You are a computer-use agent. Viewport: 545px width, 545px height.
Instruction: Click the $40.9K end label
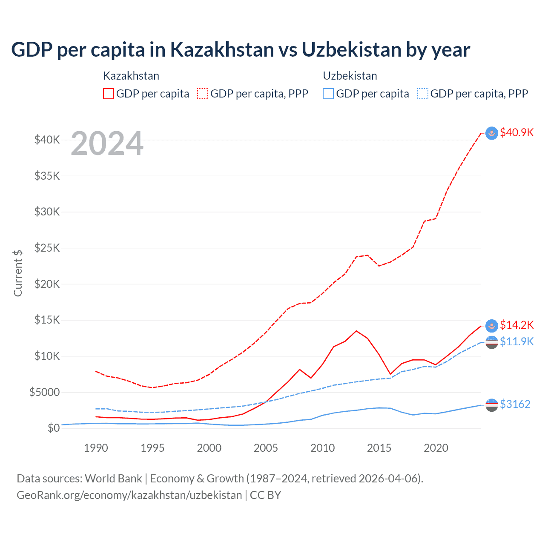(x=516, y=132)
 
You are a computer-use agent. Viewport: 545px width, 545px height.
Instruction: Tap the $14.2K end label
(x=516, y=325)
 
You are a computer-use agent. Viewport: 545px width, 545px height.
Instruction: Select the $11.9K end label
(x=516, y=341)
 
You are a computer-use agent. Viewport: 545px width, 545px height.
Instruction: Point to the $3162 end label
(x=515, y=404)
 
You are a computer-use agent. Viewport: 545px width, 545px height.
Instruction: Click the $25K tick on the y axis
(x=47, y=248)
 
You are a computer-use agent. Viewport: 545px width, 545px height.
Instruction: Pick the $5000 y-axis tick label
(x=44, y=392)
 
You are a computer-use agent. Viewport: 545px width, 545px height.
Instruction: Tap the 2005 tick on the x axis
(x=266, y=448)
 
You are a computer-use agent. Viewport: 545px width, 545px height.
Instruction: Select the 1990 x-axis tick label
(x=96, y=448)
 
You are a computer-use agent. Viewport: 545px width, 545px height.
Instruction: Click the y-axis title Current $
(x=18, y=273)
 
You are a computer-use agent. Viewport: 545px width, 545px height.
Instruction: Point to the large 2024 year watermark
(x=107, y=143)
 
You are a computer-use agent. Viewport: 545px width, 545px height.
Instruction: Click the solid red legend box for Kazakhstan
(x=109, y=94)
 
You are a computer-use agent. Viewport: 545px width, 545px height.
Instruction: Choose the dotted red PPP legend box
(x=203, y=94)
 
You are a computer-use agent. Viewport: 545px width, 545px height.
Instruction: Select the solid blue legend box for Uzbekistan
(x=328, y=94)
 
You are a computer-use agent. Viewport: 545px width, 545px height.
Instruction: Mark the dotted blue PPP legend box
(x=423, y=94)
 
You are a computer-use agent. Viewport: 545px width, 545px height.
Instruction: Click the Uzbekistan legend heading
(x=350, y=76)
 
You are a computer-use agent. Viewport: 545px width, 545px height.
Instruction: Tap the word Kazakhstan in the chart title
(x=222, y=49)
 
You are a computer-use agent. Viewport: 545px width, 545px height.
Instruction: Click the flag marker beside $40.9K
(x=492, y=133)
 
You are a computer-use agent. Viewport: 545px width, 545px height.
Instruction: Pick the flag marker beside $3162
(x=492, y=405)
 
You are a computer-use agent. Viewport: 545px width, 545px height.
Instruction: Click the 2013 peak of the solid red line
(x=356, y=331)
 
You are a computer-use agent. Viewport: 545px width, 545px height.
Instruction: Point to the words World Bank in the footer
(x=113, y=479)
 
